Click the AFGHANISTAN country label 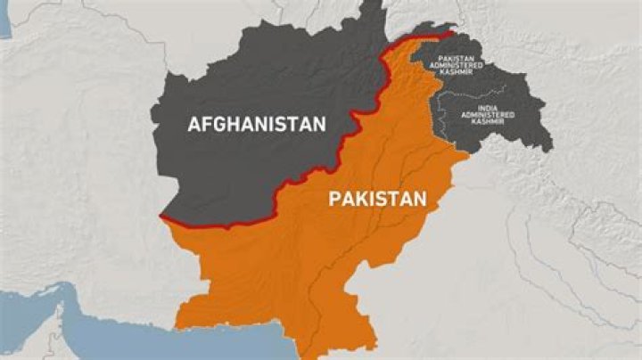pyautogui.click(x=257, y=125)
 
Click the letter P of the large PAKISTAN pyautogui.click(x=335, y=198)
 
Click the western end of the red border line pyautogui.click(x=162, y=217)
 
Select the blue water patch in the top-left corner pyautogui.click(x=4, y=22)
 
